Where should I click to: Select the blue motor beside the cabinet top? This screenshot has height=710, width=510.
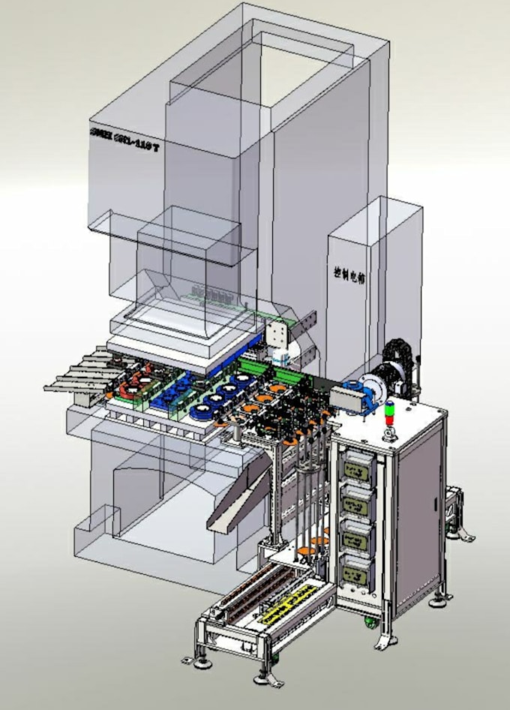pos(358,394)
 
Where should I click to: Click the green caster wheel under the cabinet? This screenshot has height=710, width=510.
pos(370,621)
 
